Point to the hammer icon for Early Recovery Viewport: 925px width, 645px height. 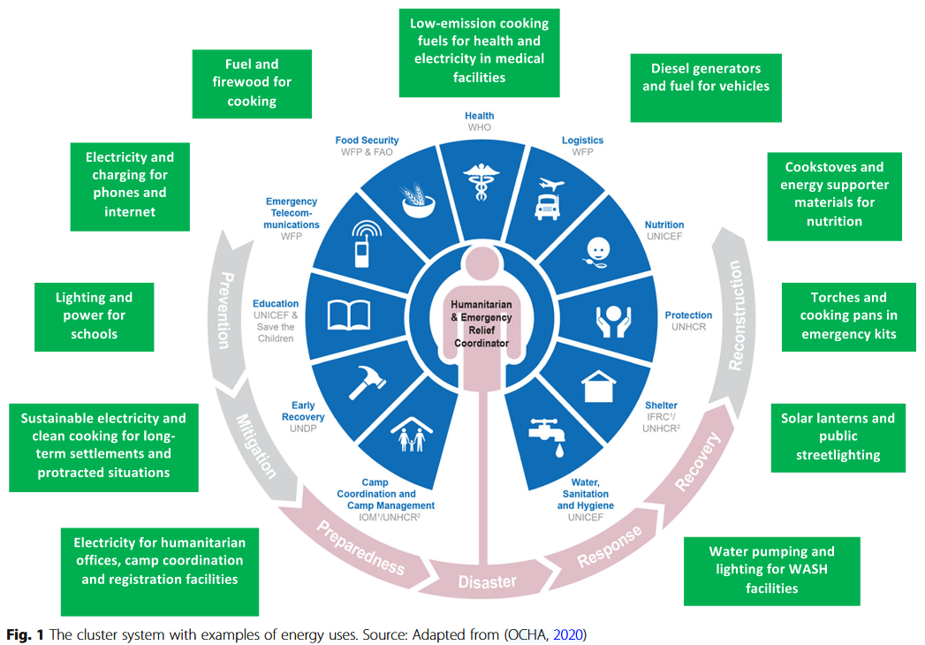[366, 382]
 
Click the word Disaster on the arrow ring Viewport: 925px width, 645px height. [487, 581]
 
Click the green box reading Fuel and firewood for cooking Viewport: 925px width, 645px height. [252, 83]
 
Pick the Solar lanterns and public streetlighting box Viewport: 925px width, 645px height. [838, 436]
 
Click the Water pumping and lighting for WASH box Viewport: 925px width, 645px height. [771, 570]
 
